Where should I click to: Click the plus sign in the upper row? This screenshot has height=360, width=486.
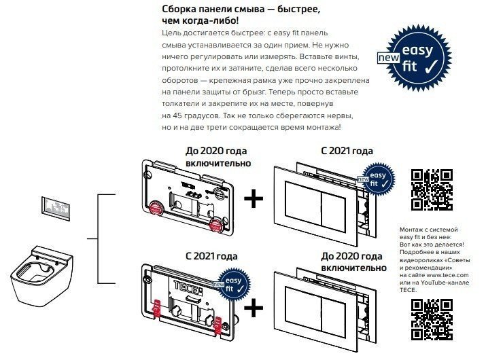254,199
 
